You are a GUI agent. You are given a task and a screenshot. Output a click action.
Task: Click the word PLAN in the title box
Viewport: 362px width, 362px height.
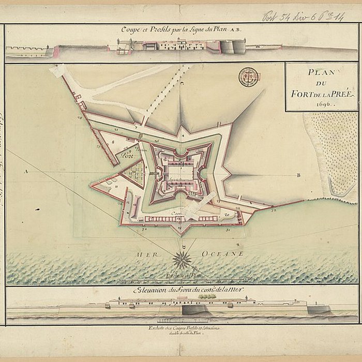(321, 73)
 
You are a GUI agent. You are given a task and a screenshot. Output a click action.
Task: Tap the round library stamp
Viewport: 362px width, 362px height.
(248, 77)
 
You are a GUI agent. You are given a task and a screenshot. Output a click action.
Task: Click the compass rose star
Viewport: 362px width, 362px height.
(182, 259)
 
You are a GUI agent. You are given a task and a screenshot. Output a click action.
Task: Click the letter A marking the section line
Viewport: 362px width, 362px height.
(25, 170)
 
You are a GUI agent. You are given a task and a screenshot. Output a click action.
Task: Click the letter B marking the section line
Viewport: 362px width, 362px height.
(298, 175)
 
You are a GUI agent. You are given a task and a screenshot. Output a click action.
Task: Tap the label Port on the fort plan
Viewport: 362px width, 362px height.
(126, 154)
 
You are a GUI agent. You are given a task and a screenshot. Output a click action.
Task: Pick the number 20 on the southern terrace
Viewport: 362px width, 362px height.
(226, 213)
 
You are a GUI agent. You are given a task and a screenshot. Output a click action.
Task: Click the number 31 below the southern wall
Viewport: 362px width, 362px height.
(228, 229)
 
